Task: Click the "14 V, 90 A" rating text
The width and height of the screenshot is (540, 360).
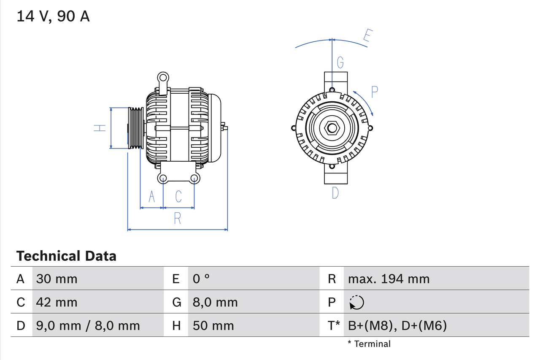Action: click(53, 16)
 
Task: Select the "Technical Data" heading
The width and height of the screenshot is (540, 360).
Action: click(66, 256)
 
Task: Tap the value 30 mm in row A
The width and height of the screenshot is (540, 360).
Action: click(57, 279)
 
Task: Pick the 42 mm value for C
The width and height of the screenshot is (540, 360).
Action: click(57, 302)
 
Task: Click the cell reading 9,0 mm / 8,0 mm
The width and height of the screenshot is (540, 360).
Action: click(88, 325)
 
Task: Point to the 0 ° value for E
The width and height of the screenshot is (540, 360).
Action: click(201, 279)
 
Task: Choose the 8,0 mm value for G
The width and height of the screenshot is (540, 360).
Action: click(215, 302)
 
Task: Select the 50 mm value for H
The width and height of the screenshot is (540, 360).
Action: click(213, 325)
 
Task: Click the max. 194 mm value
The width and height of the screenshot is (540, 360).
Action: click(389, 279)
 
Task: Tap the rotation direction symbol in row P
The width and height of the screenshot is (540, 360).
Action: click(356, 302)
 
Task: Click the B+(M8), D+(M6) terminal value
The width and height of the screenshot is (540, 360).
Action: click(397, 325)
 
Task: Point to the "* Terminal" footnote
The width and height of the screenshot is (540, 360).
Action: click(369, 344)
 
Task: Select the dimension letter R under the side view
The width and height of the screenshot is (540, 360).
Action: click(177, 218)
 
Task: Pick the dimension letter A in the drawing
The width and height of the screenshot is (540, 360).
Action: click(151, 196)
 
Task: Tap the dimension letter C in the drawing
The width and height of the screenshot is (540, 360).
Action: click(178, 196)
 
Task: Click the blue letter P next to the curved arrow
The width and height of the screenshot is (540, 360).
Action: click(375, 92)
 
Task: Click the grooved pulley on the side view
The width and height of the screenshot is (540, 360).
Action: click(136, 128)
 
